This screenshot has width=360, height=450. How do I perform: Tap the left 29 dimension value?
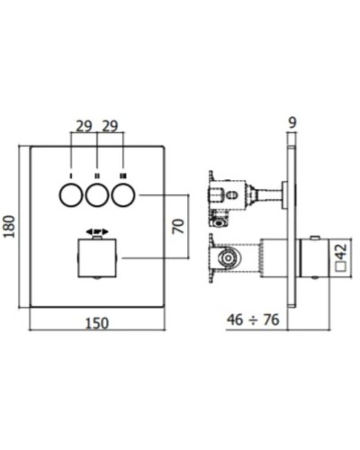[x=82, y=126]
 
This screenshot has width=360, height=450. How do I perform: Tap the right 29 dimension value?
[x=110, y=126]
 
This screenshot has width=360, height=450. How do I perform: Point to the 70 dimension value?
[x=179, y=226]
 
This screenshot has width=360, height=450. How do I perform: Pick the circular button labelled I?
[x=67, y=193]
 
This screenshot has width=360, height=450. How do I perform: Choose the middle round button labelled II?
[x=95, y=193]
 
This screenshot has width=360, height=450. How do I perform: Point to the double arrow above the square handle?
[x=95, y=231]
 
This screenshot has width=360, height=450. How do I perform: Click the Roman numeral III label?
[x=124, y=171]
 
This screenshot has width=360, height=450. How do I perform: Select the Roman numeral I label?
[x=67, y=171]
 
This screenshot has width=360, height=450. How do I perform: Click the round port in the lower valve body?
[x=229, y=259]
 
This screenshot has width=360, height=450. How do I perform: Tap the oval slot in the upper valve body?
[x=233, y=193]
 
